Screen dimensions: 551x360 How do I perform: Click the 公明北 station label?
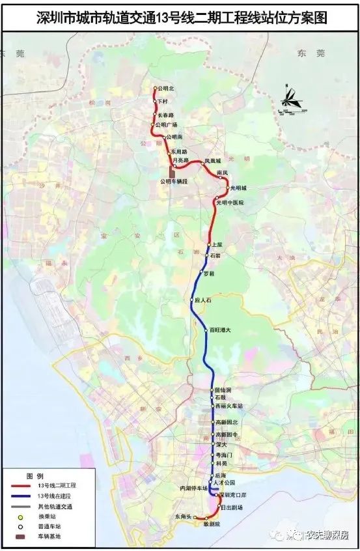(166, 89)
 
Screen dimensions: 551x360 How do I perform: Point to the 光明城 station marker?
(228, 188)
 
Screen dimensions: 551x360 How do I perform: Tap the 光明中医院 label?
(230, 203)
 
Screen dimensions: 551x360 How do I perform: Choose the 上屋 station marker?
(209, 244)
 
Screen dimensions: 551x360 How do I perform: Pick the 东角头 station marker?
(194, 516)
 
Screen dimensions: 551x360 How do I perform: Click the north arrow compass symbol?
(287, 98)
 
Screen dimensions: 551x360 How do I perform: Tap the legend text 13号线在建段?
(56, 496)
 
